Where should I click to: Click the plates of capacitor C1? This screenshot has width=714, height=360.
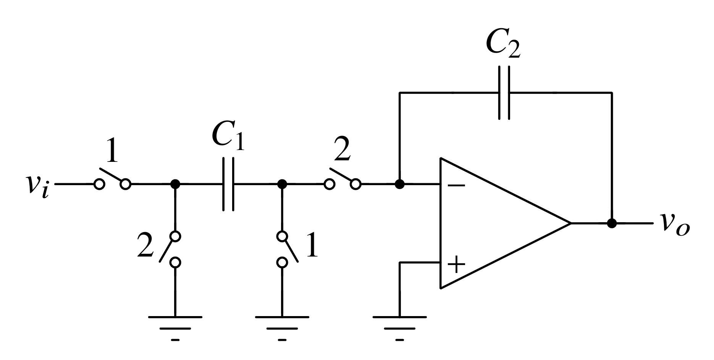[x=228, y=184]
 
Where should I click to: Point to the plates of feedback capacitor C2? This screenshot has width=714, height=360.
[x=504, y=93]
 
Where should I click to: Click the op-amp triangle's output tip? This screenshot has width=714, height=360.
[x=570, y=223]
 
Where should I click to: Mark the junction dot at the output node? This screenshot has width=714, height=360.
[x=612, y=223]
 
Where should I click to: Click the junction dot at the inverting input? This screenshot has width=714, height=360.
[x=399, y=184]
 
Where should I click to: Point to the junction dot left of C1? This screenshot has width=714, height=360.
[x=175, y=184]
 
